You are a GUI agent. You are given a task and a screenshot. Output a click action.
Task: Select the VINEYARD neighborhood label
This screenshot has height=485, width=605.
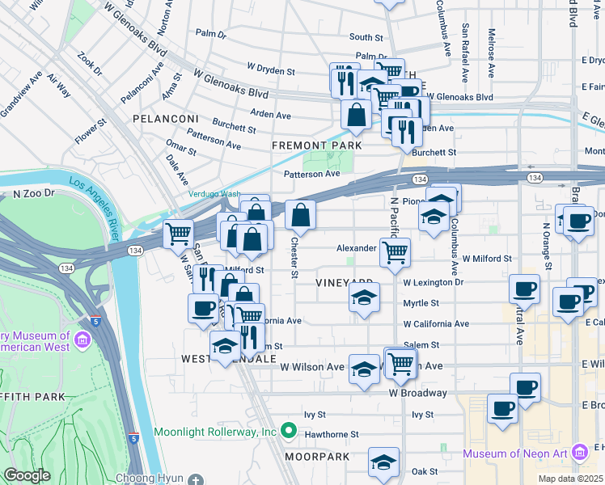344,282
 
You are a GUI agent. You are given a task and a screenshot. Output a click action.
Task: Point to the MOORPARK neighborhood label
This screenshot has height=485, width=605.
316,457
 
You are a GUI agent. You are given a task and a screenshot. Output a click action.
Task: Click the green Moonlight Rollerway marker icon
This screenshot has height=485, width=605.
288,431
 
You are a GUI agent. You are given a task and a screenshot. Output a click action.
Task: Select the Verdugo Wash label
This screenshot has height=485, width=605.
215,194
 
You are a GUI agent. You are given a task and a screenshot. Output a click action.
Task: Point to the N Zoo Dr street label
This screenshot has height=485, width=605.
33,194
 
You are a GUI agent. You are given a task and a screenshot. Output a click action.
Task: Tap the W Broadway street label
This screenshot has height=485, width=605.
417,393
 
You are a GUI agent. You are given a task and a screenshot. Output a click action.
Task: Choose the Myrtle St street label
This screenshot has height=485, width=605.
421,303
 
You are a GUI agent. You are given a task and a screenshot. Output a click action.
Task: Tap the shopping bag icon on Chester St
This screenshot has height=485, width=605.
300,215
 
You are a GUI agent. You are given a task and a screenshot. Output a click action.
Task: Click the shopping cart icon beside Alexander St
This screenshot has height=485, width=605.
395,252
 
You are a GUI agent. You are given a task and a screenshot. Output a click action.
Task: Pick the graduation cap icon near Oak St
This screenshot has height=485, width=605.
383,462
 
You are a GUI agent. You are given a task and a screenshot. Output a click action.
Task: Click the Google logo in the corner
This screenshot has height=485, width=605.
27,475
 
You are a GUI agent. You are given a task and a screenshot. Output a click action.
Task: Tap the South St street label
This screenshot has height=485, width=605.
366,37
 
